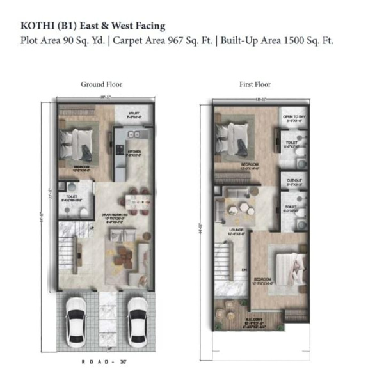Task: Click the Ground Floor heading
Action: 101,84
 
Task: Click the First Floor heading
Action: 255,84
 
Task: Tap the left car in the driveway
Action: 76,320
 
